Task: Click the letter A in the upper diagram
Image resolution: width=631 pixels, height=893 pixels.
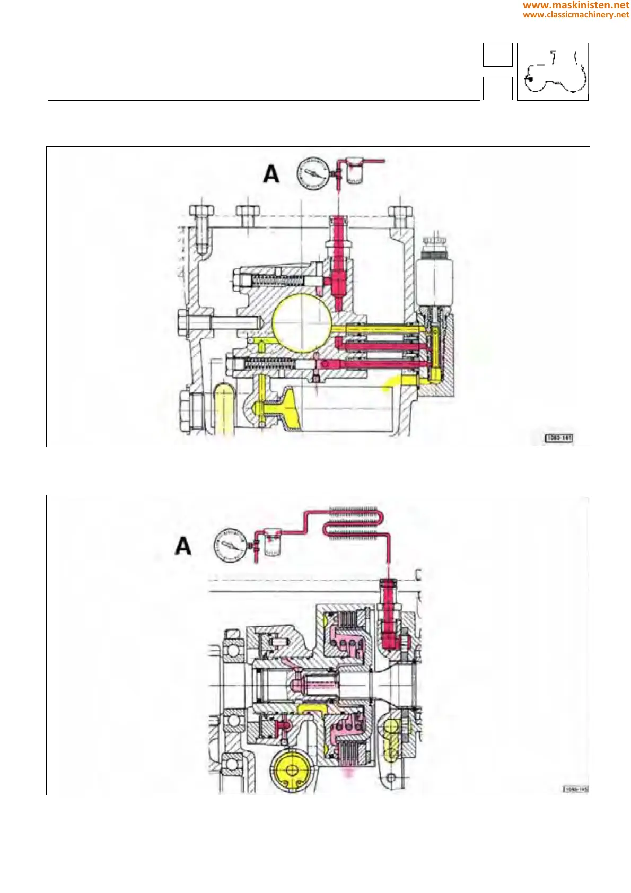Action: [x=271, y=174]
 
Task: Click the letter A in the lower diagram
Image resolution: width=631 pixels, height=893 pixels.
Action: [x=183, y=546]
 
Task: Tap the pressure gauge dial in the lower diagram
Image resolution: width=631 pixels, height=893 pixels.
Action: [x=230, y=545]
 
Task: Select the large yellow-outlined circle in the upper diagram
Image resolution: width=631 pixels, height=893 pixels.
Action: [x=302, y=323]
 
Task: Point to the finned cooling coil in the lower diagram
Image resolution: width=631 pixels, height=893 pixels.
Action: [x=352, y=523]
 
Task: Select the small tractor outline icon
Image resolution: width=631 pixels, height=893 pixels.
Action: [x=553, y=73]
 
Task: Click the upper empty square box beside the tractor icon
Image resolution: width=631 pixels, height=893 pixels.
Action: [x=497, y=55]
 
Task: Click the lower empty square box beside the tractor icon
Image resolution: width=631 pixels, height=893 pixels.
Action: [x=497, y=88]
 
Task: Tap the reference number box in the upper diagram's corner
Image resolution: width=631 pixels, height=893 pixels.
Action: [x=559, y=438]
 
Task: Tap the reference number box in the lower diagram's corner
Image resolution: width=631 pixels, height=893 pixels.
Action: [x=576, y=789]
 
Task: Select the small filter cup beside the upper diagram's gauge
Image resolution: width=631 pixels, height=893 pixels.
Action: [x=354, y=171]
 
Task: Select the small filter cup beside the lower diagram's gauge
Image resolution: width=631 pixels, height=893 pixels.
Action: [x=271, y=544]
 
